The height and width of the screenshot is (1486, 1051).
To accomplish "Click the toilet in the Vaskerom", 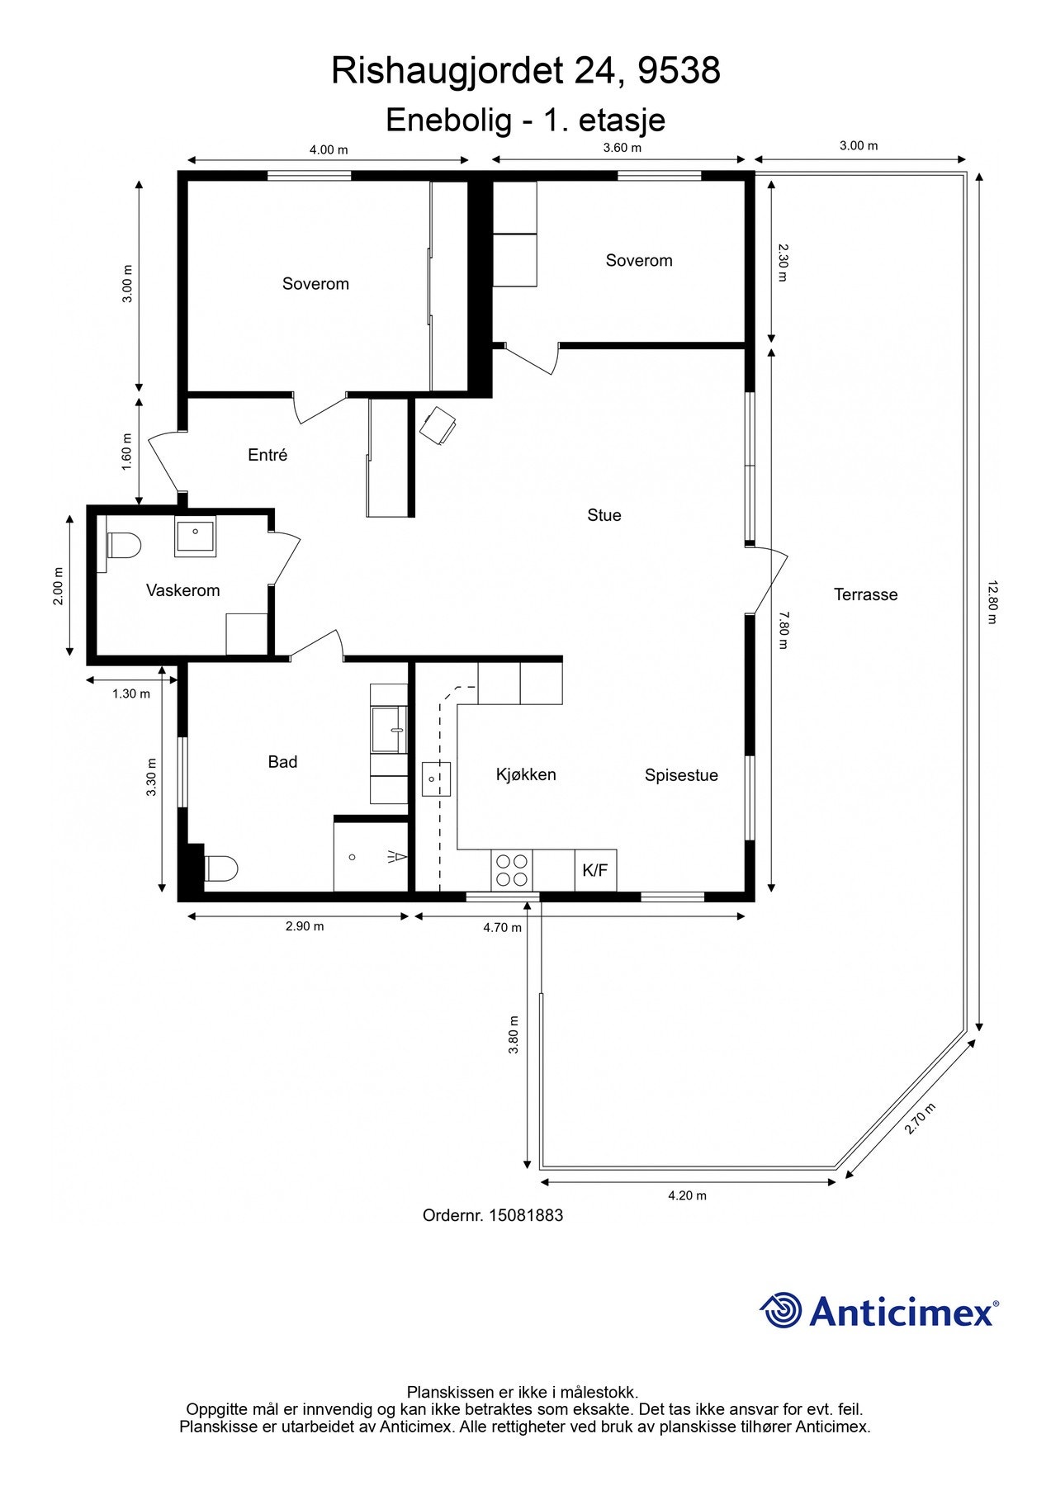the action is [x=124, y=546].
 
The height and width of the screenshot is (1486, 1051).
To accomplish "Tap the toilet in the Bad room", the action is [x=220, y=868].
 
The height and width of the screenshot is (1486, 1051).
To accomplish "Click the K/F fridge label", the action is [x=595, y=870].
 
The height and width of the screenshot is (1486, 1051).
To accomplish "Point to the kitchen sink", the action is [x=436, y=778].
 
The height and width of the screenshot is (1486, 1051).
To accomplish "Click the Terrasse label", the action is [x=865, y=594].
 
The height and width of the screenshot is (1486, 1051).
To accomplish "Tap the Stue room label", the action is [x=604, y=515].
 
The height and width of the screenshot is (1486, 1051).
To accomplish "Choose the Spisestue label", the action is [x=681, y=775].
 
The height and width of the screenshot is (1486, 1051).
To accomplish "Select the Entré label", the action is [x=267, y=455].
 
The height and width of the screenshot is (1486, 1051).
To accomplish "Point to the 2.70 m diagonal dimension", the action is [x=921, y=1119].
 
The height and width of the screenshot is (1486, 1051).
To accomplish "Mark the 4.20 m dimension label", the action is [x=687, y=1195].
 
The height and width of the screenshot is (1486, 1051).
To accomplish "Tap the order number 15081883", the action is [x=526, y=1215].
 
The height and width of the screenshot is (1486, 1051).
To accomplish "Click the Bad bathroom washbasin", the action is [x=389, y=730].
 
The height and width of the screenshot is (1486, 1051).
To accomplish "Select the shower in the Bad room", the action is [x=372, y=856].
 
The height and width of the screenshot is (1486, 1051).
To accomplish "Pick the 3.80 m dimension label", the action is [x=514, y=1034].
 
